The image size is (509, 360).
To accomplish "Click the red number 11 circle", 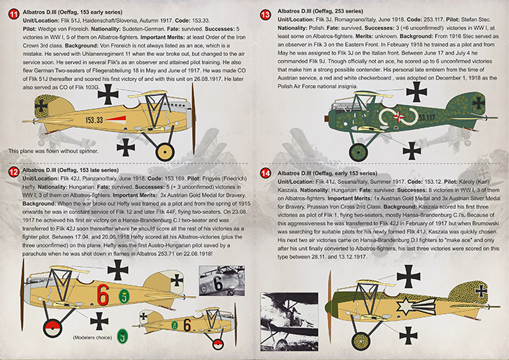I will [x=12, y=14].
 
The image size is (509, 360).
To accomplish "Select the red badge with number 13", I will [x=265, y=14].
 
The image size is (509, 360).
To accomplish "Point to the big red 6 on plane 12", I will [x=104, y=295].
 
